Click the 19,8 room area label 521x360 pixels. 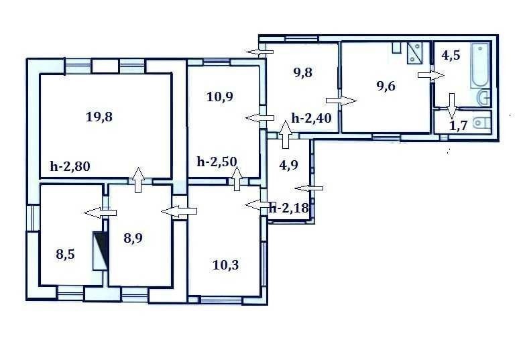click(99, 117)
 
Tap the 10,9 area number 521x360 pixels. click(220, 97)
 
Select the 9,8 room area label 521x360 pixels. click(303, 72)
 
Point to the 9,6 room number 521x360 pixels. click(386, 86)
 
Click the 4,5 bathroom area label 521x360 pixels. click(451, 55)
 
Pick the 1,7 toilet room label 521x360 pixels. click(459, 126)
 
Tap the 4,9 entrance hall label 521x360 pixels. click(289, 165)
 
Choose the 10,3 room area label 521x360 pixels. click(225, 265)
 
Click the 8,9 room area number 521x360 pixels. click(133, 238)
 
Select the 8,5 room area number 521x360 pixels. click(65, 255)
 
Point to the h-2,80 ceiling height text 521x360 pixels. click(70, 166)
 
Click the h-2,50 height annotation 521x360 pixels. click(217, 162)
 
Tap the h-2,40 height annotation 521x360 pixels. click(311, 117)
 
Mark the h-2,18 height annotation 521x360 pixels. click(289, 208)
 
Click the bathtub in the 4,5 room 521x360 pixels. click(480, 66)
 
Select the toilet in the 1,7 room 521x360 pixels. click(482, 123)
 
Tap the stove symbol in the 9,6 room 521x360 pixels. click(414, 52)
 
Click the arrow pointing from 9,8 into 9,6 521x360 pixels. click(341, 101)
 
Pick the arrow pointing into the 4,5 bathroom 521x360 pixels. click(431, 75)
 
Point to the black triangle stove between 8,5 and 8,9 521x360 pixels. click(100, 251)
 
